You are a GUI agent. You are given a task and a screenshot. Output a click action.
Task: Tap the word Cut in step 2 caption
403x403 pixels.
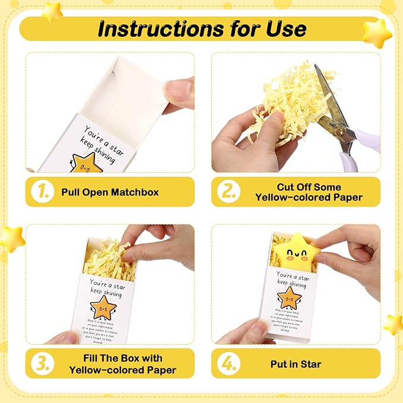[x=287, y=186]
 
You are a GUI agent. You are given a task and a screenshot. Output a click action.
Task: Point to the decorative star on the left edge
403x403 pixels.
[x=10, y=238]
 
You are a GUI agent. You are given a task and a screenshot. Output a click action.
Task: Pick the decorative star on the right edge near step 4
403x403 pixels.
[x=393, y=323]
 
